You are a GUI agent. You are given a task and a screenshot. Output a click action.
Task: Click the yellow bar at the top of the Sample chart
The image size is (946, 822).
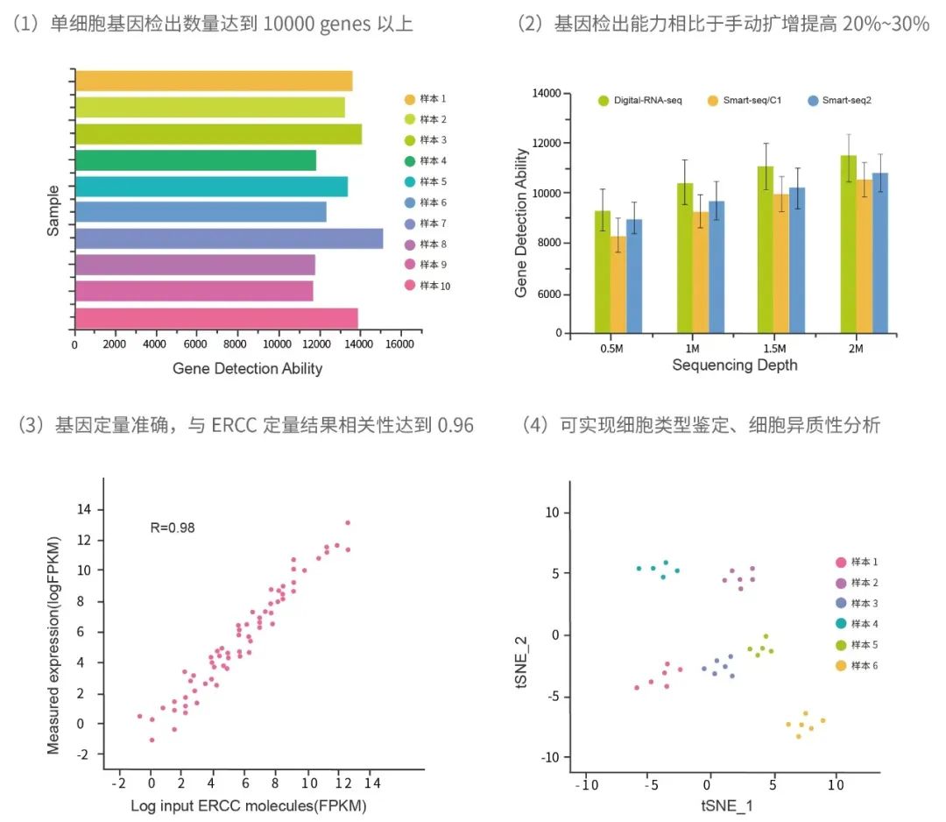pos(214,81)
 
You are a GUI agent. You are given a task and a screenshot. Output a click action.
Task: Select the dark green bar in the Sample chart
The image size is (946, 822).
pos(195,160)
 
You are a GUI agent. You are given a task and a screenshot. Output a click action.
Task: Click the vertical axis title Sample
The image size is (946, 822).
pos(53,209)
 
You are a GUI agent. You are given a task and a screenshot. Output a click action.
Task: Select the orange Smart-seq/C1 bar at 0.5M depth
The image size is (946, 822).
pos(618,284)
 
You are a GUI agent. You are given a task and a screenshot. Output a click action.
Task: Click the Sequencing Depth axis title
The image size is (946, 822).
pos(734,365)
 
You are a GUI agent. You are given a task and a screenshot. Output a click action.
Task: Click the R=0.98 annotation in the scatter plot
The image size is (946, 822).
pos(172,527)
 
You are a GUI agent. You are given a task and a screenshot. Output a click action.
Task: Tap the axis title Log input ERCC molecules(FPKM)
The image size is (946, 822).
pos(248,804)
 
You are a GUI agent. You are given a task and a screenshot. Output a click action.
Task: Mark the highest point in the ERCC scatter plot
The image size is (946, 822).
pos(348,523)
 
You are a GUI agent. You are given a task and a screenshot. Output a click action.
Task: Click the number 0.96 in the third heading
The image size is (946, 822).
pos(455,426)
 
